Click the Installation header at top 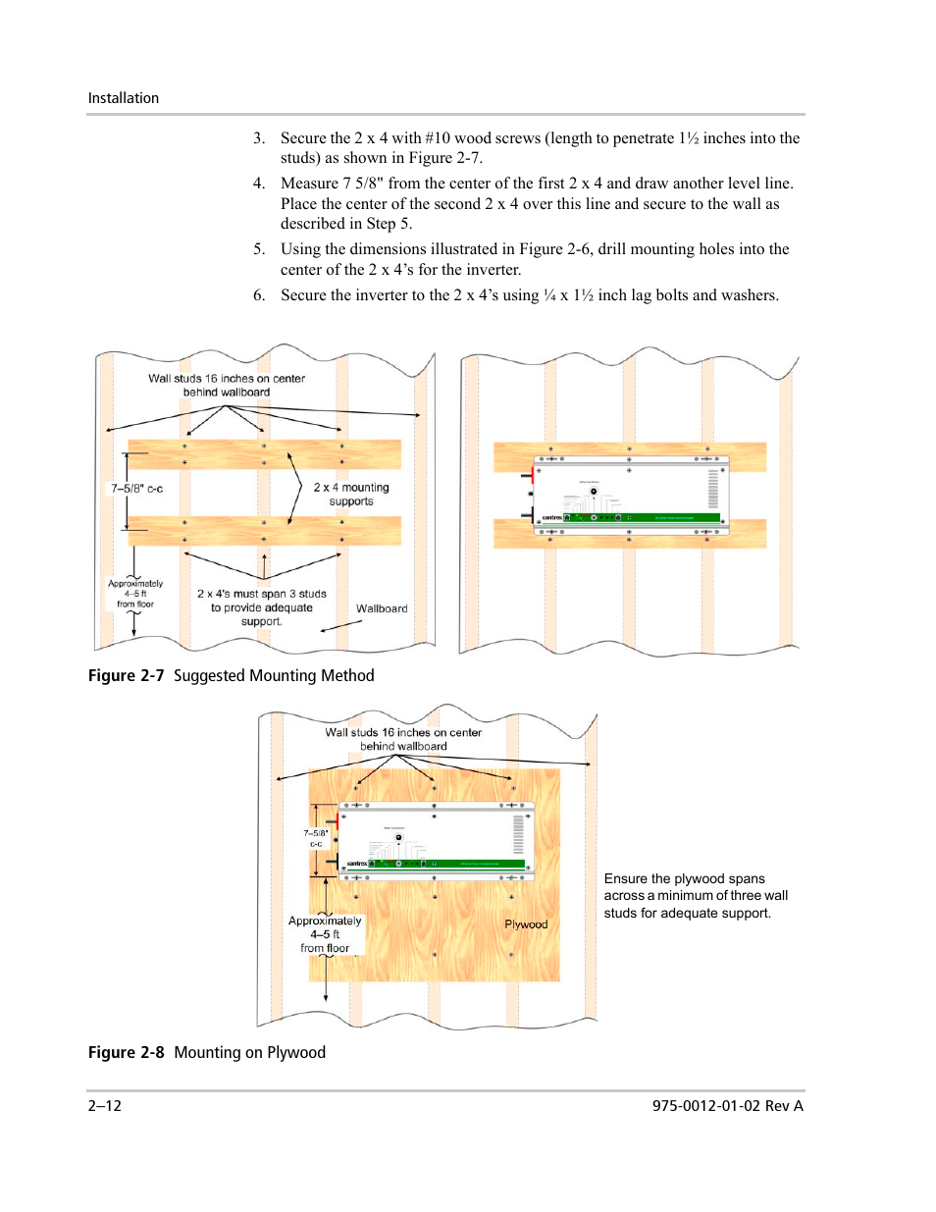(x=124, y=98)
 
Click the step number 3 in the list (x=259, y=138)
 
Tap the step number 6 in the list (x=259, y=295)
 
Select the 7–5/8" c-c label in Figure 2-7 (x=136, y=488)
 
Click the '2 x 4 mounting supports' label (x=351, y=495)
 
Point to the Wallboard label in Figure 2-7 (x=382, y=608)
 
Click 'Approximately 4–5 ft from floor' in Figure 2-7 (x=135, y=594)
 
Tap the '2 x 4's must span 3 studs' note (x=262, y=607)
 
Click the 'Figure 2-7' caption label (x=126, y=675)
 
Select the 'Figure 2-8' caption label (x=126, y=1052)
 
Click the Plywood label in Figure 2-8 (x=526, y=924)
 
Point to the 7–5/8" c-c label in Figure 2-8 (x=316, y=838)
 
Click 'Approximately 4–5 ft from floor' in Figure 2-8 (x=325, y=934)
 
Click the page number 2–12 (x=105, y=1106)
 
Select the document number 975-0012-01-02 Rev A (x=727, y=1106)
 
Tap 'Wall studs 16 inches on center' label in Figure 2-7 (x=227, y=385)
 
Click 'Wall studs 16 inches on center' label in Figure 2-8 (x=403, y=739)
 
